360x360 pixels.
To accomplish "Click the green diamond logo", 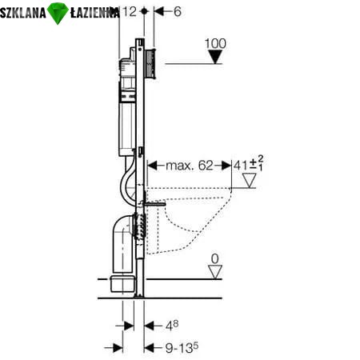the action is click(x=58, y=14).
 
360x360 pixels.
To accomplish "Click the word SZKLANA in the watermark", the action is click(x=23, y=13).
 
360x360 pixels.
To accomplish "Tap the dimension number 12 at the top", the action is click(x=130, y=11).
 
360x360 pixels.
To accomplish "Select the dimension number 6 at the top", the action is click(x=178, y=11).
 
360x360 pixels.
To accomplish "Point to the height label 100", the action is click(x=215, y=43).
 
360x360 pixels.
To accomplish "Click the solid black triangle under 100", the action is click(x=215, y=57).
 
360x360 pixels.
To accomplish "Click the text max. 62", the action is click(x=190, y=166).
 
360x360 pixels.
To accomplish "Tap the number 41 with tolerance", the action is click(x=249, y=164).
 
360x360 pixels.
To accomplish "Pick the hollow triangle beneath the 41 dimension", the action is click(x=250, y=181).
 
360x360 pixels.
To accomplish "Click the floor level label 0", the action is click(x=214, y=258).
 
